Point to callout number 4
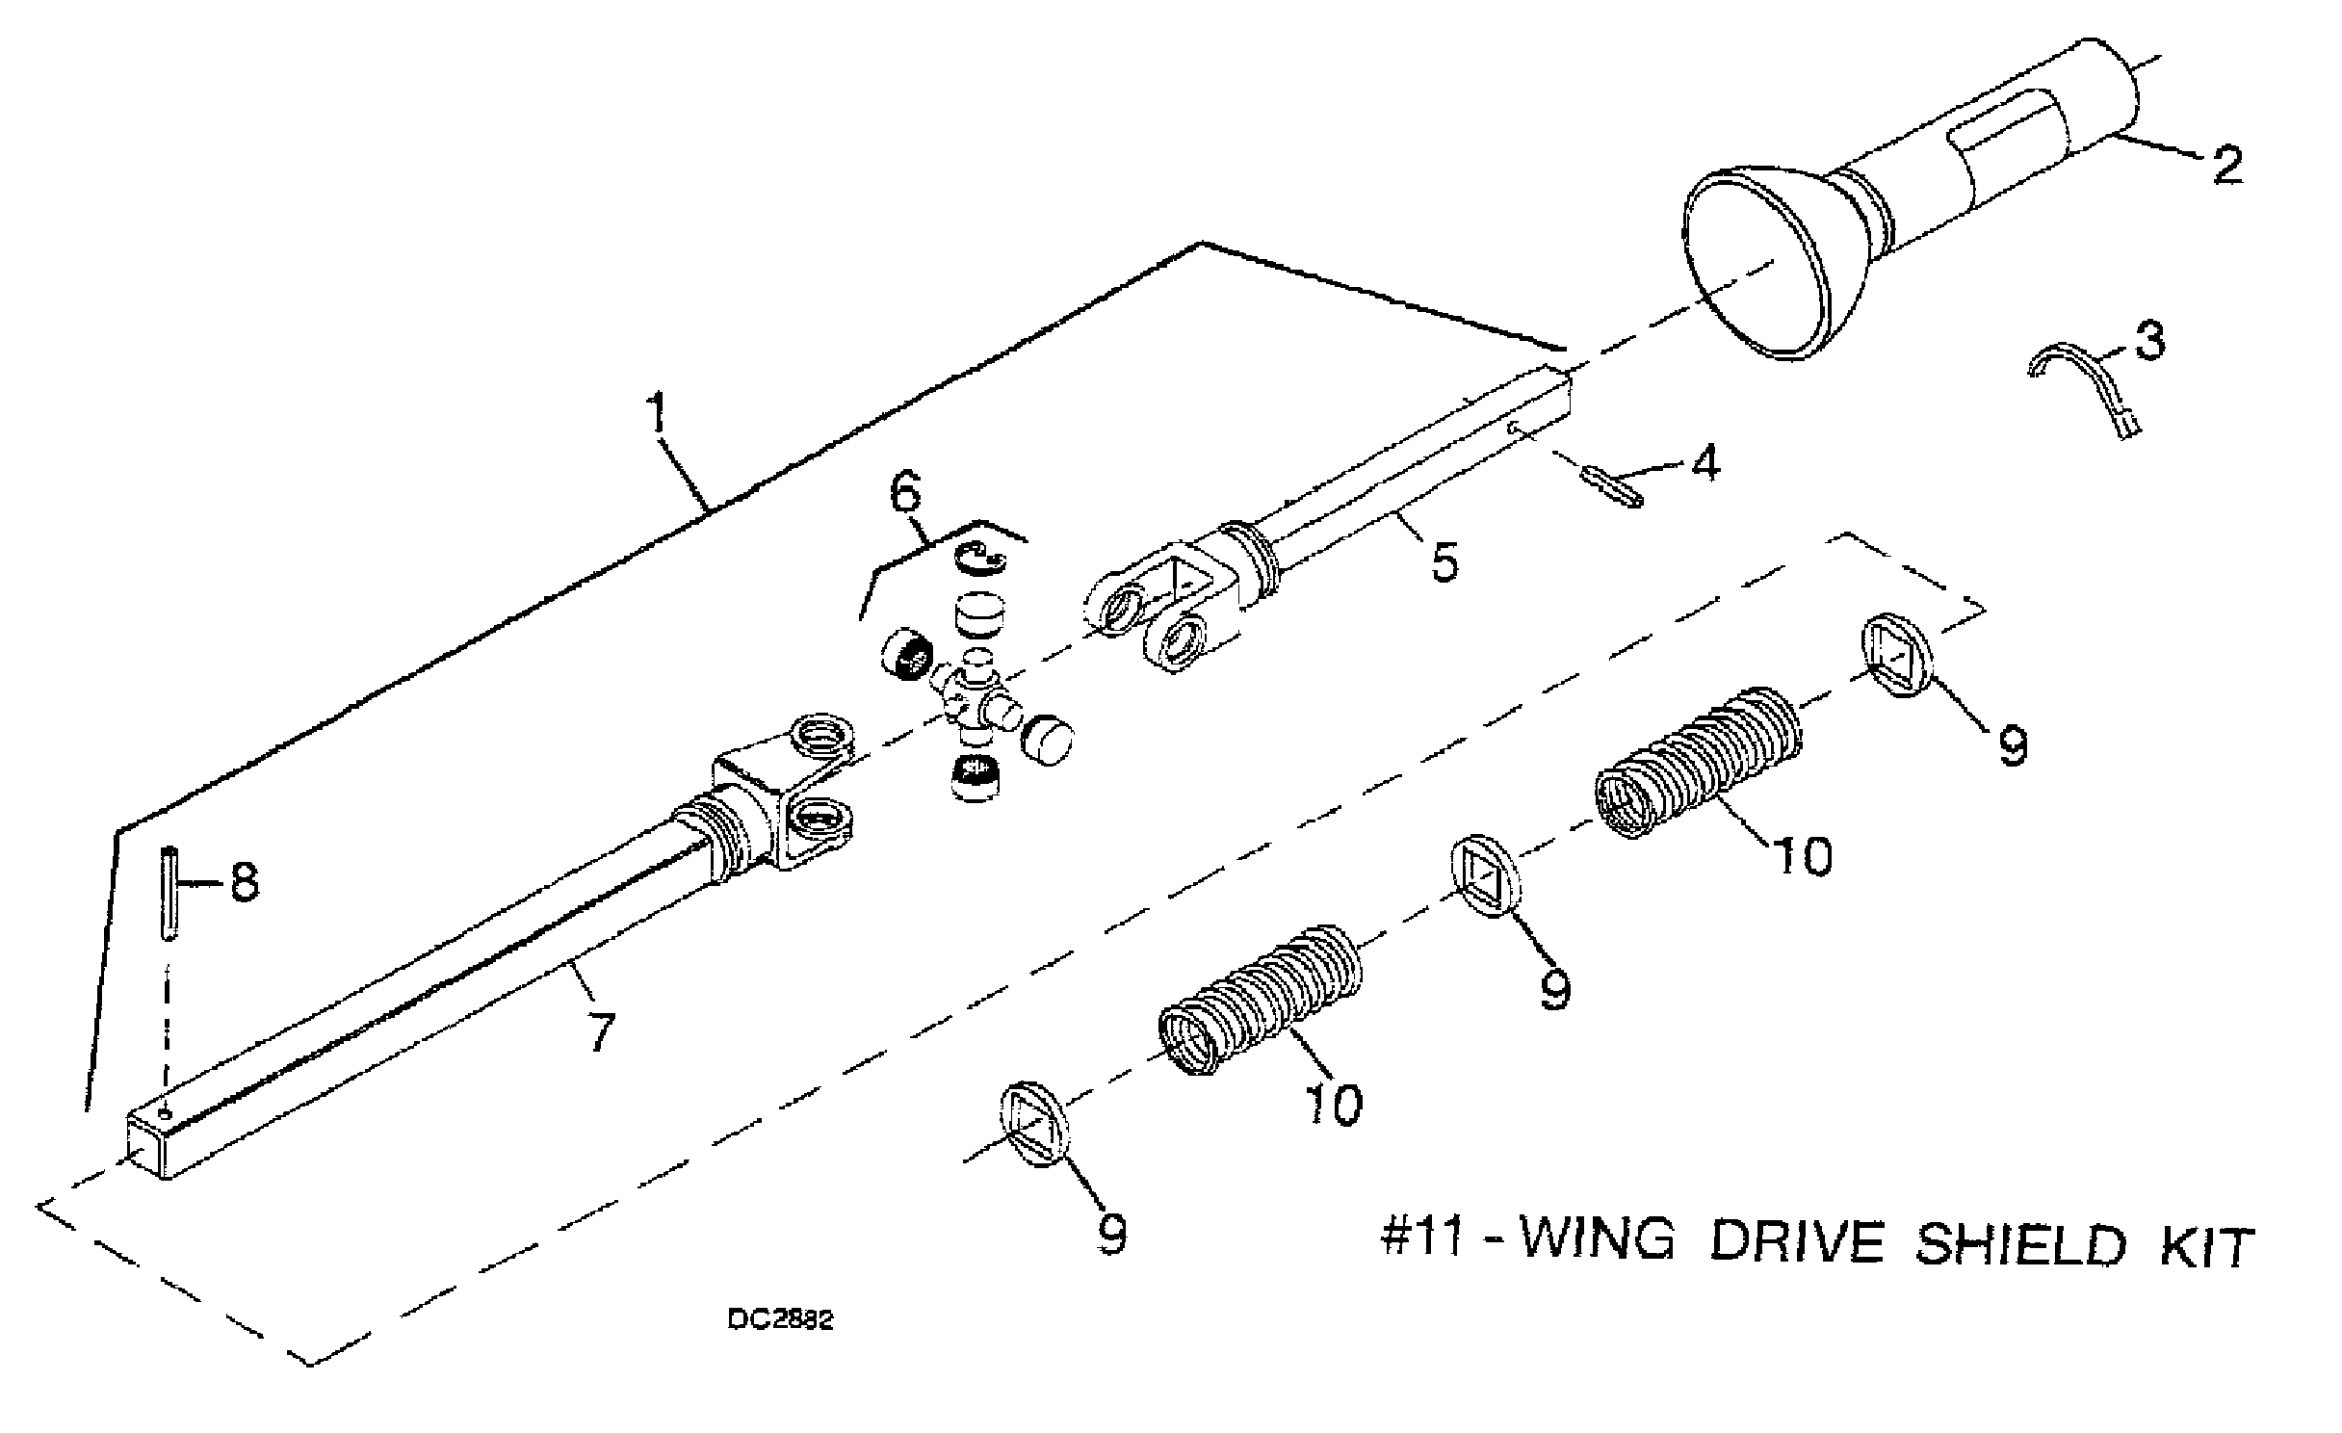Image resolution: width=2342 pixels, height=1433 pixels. pos(1704,464)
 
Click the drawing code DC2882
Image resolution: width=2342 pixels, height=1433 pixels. pos(780,1320)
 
